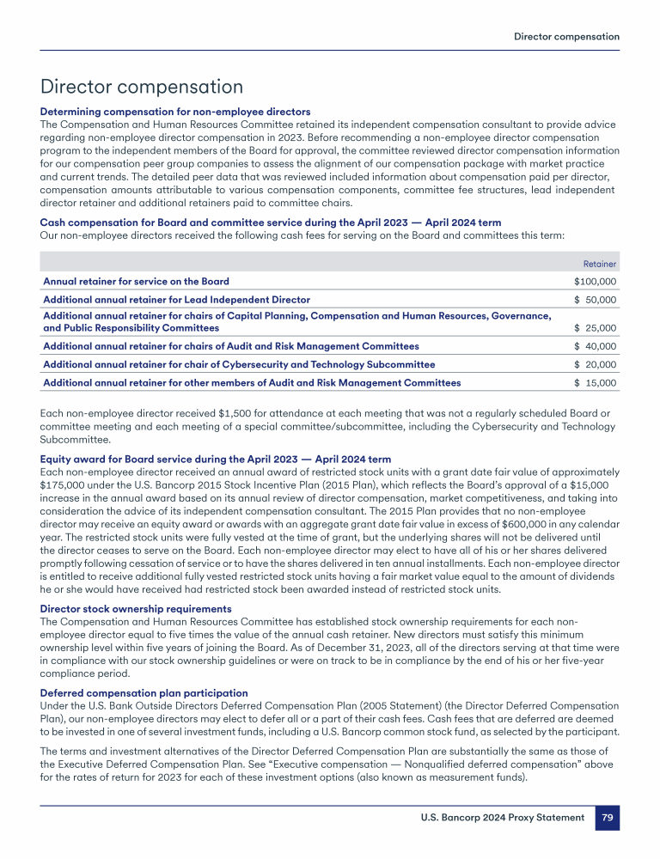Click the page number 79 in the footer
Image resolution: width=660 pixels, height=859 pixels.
(x=607, y=818)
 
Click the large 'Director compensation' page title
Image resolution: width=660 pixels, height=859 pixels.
(x=142, y=87)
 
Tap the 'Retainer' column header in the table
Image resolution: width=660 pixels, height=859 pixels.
(x=600, y=264)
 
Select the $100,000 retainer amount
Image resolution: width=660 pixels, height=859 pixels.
(x=595, y=282)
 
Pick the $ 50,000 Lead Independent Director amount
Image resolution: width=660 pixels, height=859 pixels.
(x=595, y=300)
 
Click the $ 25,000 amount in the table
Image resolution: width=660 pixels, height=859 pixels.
(x=595, y=328)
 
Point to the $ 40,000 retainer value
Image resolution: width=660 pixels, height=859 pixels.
(x=595, y=346)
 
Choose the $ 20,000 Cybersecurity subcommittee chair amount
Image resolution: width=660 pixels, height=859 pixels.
(x=595, y=364)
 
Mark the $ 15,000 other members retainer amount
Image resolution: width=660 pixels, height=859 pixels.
(x=595, y=382)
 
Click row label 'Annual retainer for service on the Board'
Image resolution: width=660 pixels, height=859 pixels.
(x=136, y=282)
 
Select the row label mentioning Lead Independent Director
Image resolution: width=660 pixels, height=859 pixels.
(x=176, y=300)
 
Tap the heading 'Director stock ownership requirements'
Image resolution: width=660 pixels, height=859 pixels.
(x=136, y=609)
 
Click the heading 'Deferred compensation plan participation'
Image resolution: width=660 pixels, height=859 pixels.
(x=144, y=693)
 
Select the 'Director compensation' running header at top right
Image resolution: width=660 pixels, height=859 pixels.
(x=566, y=37)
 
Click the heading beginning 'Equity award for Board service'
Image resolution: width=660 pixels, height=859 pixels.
(x=215, y=460)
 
